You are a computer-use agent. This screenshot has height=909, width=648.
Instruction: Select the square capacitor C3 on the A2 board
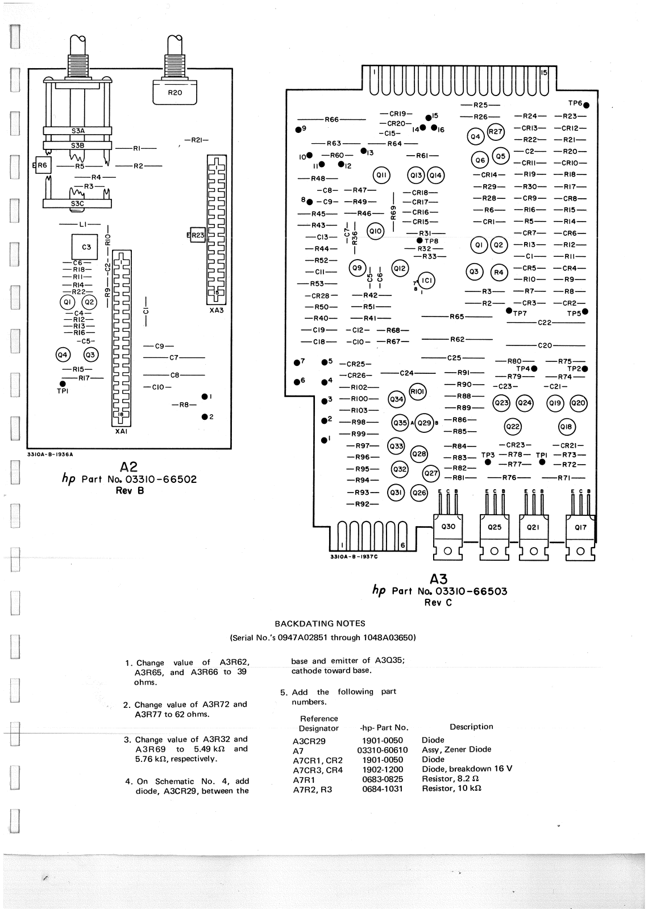coord(86,247)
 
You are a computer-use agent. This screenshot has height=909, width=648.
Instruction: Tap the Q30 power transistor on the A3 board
coord(448,527)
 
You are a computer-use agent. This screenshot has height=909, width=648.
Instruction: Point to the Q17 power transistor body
coord(580,527)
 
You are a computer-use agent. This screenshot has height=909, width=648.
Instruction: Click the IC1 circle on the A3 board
coord(426,281)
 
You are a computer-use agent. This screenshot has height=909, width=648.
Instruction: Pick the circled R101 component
coord(418,391)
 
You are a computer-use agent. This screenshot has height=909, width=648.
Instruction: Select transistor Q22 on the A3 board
coord(513,427)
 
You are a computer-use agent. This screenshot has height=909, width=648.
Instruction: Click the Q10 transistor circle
coord(376,231)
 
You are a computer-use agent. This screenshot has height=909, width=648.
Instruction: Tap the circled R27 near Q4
coord(496,132)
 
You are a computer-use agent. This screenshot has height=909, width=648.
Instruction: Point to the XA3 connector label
coord(217,310)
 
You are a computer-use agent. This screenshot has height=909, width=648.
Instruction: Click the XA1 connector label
coord(121,431)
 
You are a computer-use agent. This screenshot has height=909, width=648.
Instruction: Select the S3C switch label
coord(77,203)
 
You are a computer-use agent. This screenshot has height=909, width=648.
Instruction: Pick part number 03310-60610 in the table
coord(382,750)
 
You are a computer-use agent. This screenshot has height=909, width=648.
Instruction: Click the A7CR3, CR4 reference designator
coord(318,769)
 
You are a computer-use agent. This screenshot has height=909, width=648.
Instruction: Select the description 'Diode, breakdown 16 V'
coord(467,769)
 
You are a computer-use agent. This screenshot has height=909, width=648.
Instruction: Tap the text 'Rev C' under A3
coord(438,603)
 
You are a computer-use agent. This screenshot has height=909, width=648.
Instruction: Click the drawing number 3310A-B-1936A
coord(50,454)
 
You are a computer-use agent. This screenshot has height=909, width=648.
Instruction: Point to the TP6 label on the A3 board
coord(575,103)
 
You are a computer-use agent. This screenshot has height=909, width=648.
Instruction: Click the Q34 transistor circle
coord(396,399)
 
